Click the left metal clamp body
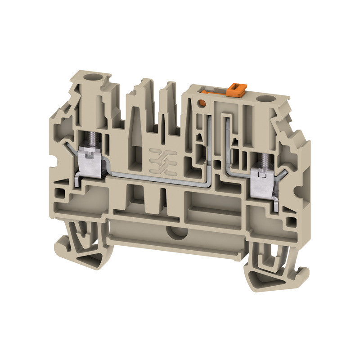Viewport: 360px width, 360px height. [x=90, y=161]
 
